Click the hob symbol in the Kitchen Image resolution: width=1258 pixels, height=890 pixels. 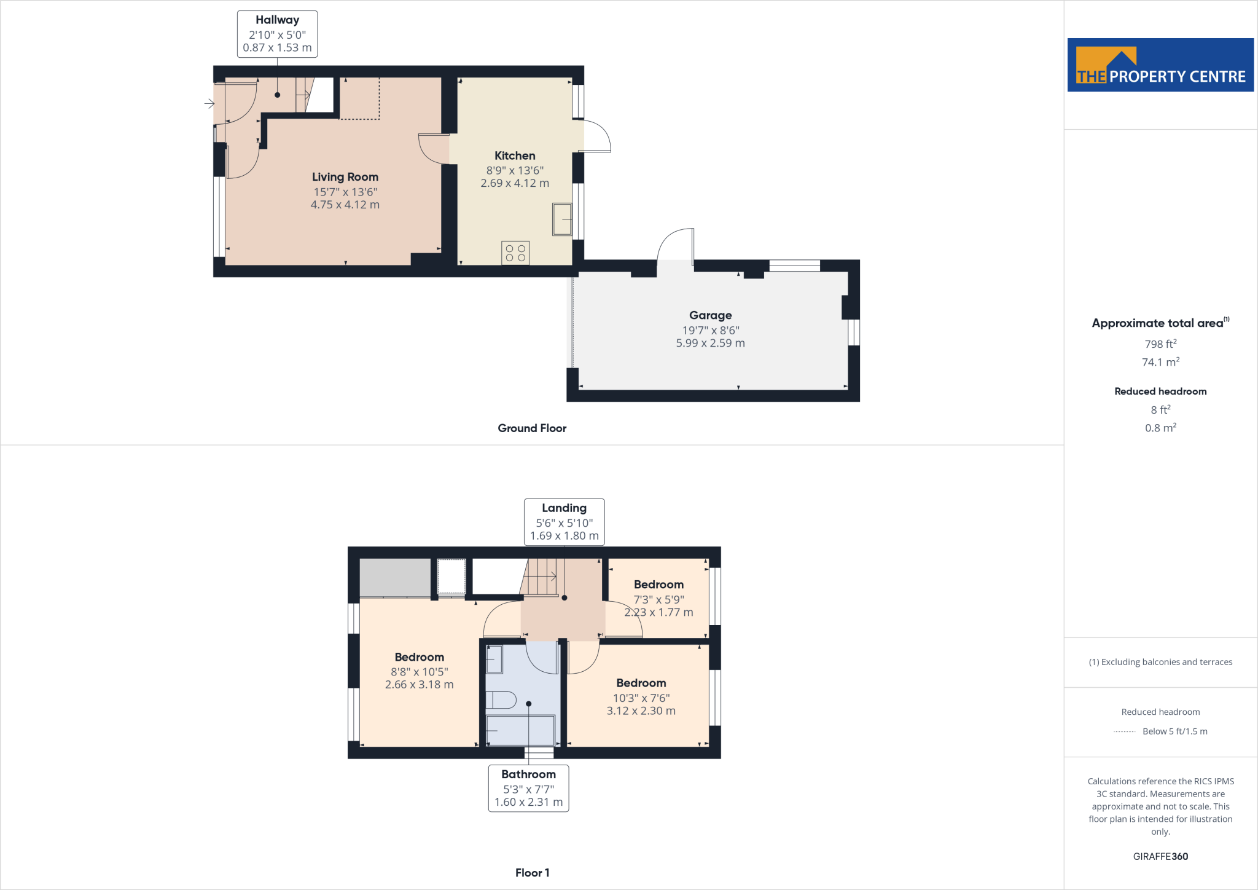tap(515, 253)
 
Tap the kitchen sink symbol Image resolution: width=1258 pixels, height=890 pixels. tap(562, 219)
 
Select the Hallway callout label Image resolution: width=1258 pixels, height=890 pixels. tap(277, 34)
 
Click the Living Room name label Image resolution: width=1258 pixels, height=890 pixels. tap(345, 177)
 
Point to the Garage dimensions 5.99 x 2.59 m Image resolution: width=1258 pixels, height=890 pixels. tap(710, 344)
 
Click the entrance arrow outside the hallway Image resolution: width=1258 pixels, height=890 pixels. tap(209, 104)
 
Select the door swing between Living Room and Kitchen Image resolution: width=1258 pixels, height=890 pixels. tap(432, 149)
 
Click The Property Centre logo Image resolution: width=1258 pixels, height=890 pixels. tap(1160, 65)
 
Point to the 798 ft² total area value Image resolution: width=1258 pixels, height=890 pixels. tap(1160, 344)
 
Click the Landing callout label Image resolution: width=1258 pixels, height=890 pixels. tap(564, 522)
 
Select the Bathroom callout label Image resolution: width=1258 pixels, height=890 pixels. tap(528, 788)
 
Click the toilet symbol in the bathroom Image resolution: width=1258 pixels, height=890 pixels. tap(501, 700)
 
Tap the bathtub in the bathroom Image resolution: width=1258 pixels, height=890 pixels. tap(520, 730)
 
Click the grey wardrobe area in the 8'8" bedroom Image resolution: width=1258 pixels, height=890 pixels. tap(395, 577)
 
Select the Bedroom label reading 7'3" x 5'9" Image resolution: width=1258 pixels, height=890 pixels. tap(658, 598)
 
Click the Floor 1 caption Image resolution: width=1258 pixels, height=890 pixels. tap(532, 873)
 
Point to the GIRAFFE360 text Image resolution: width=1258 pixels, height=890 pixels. tap(1160, 856)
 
